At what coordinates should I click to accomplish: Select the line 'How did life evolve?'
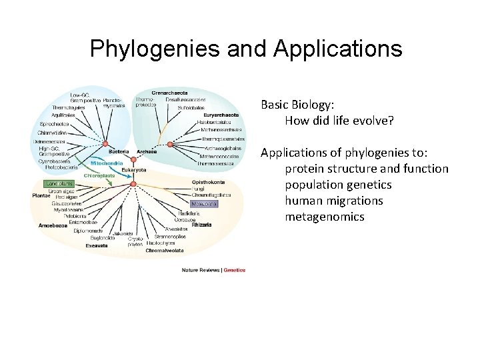pos(339,121)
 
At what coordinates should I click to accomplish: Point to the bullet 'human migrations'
pos(334,201)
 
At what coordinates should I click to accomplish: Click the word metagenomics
pos(325,217)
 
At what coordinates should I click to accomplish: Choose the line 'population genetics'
pos(338,185)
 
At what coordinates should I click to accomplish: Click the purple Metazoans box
pos(204,203)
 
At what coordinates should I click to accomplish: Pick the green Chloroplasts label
pos(99,175)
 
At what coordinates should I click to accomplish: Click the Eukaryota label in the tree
pos(134,170)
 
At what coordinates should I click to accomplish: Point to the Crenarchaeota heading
pos(169,93)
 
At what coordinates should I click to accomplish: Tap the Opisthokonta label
pos(208,182)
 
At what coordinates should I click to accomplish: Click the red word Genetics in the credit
pos(235,270)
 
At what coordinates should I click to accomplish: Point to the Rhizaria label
pos(201,225)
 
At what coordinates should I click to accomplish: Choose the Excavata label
pos(97,245)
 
